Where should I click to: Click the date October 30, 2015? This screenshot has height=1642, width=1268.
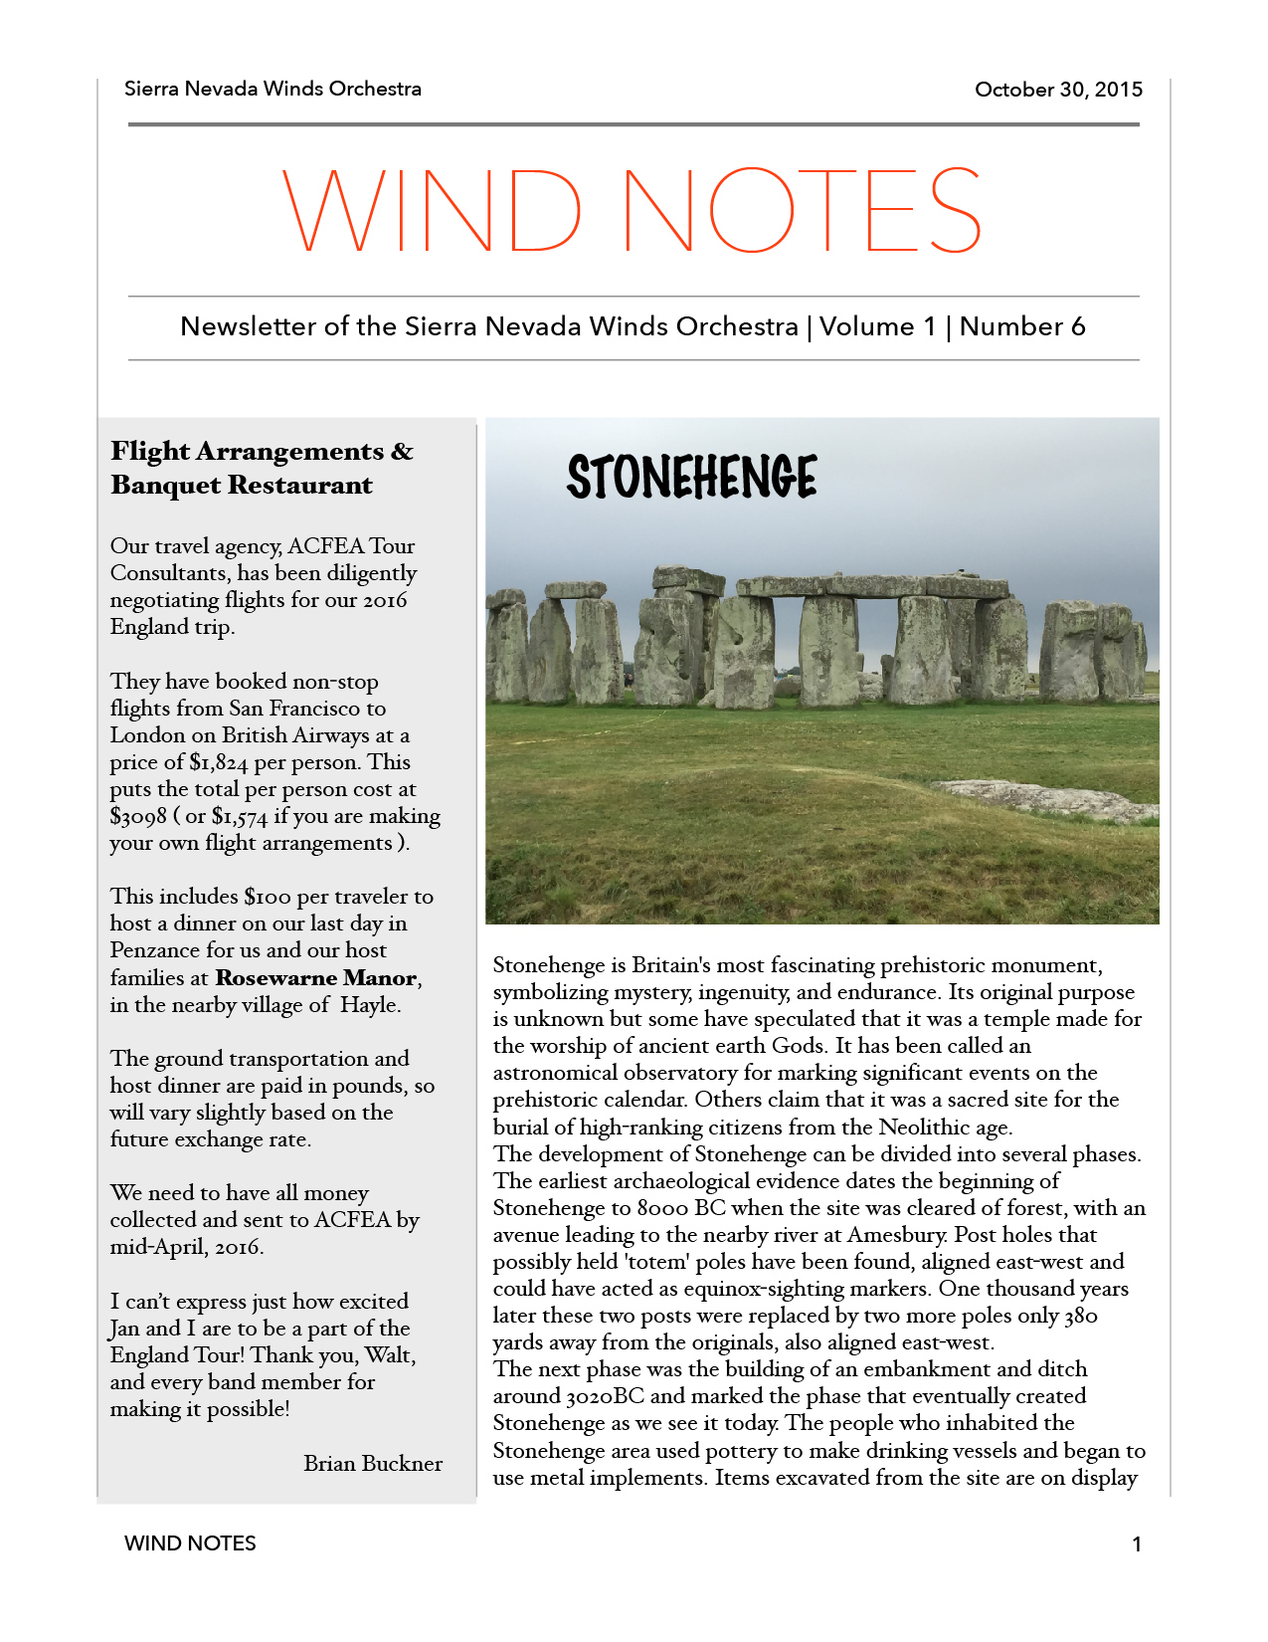click(x=1058, y=90)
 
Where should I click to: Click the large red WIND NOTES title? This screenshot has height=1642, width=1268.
click(x=633, y=211)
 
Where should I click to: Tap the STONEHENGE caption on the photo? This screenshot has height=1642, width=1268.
click(x=692, y=477)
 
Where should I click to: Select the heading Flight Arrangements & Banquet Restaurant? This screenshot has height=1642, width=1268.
click(x=262, y=468)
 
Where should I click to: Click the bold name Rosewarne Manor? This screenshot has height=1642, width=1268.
click(x=316, y=978)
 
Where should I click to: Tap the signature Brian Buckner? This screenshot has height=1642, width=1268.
click(x=373, y=1464)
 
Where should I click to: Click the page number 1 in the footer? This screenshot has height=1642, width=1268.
click(x=1137, y=1544)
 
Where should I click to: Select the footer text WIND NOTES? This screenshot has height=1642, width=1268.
click(x=190, y=1543)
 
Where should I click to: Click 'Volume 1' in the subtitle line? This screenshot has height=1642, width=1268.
click(x=877, y=327)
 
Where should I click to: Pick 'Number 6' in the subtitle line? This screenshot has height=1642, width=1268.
click(x=1022, y=327)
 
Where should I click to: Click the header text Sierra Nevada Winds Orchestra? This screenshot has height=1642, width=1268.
click(x=272, y=89)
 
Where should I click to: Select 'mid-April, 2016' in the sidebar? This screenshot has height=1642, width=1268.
click(x=186, y=1247)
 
